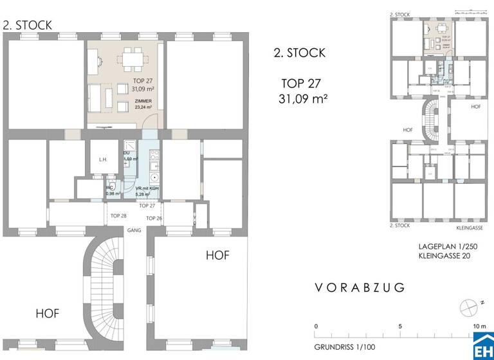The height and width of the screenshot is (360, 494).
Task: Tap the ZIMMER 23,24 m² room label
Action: point(144,105)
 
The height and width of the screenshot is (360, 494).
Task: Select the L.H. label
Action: point(102,159)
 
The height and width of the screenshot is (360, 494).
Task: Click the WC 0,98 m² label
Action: point(113,191)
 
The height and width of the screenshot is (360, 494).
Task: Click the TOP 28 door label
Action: point(118,216)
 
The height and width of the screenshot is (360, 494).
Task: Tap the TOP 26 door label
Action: point(154,219)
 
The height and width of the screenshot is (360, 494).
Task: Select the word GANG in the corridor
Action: point(134,230)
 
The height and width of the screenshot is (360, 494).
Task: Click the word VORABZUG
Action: point(360,288)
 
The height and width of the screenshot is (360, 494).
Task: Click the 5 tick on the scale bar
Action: point(400,327)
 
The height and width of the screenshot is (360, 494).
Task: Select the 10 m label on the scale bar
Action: point(479,327)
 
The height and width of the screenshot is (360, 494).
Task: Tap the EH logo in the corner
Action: point(483,349)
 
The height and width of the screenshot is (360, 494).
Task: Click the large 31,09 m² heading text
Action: point(304,100)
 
